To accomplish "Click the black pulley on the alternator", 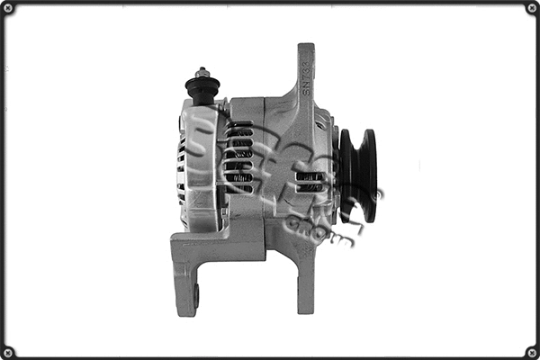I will pyautogui.click(x=357, y=175).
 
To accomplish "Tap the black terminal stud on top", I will pyautogui.click(x=203, y=87).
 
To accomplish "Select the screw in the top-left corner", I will pyautogui.click(x=8, y=8).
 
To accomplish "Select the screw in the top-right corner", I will pyautogui.click(x=531, y=8).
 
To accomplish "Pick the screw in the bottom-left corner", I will pyautogui.click(x=8, y=351).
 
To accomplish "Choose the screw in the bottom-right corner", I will pyautogui.click(x=531, y=351).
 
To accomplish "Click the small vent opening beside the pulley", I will pyautogui.click(x=309, y=181).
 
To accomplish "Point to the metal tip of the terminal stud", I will pyautogui.click(x=203, y=71).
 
